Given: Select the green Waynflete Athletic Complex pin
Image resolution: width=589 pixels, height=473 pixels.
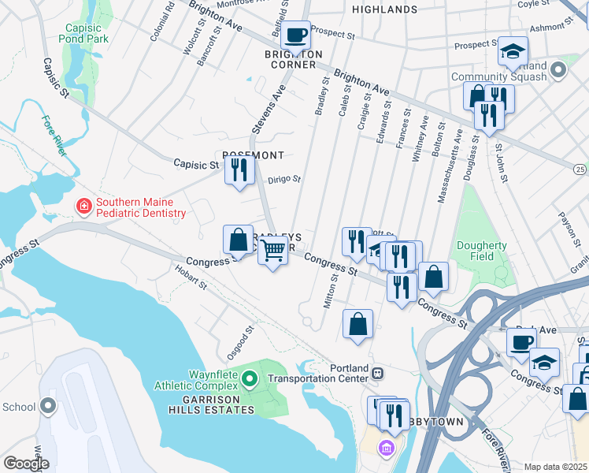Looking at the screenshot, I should point(250,380).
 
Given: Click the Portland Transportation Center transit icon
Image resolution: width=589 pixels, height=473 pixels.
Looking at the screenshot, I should point(378,372).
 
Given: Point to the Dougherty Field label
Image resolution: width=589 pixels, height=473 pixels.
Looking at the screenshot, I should point(482,251).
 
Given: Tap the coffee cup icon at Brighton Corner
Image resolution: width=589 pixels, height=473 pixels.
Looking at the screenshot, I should point(296,35).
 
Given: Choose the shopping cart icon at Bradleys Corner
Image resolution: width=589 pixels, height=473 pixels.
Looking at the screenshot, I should point(273,251).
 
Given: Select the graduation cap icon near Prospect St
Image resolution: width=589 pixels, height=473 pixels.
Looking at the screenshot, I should point(512,52).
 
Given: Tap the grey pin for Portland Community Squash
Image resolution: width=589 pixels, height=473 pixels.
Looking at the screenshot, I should point(559,70).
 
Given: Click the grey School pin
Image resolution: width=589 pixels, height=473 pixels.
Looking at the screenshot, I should point(48,407).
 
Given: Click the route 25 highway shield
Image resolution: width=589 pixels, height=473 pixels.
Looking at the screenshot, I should point(580,169).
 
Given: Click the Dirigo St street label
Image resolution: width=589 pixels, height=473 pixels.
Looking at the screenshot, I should point(284,180).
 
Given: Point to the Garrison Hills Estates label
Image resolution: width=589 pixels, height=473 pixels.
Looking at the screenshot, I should point(210,410).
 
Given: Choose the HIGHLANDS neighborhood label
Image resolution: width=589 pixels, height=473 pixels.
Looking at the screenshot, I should point(384,9).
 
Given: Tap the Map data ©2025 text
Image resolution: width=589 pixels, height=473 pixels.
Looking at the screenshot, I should point(555,467).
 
